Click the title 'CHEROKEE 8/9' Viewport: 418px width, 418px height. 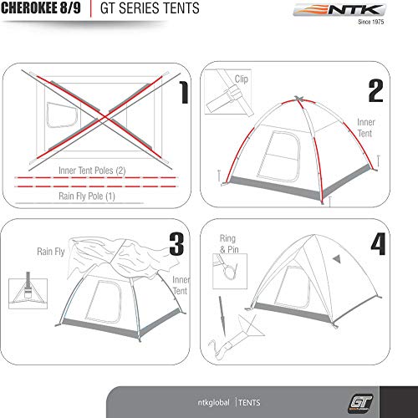[39, 11]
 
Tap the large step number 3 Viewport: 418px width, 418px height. [176, 243]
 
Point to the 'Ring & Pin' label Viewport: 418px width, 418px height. [228, 243]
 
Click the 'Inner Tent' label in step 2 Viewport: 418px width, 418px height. [366, 126]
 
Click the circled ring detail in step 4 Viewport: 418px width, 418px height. [227, 270]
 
